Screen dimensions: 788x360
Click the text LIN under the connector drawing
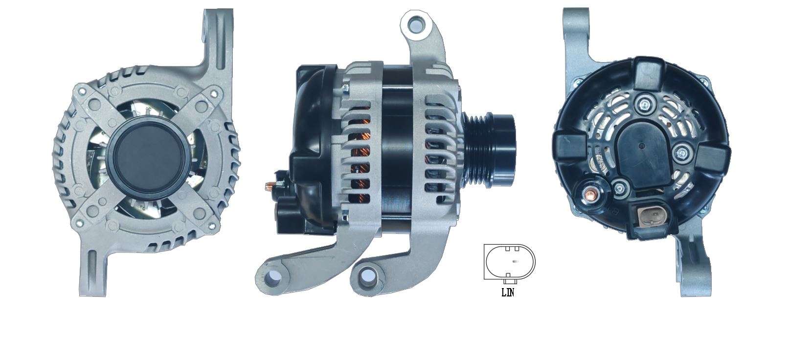point(508,292)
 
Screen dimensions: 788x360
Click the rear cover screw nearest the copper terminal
point(621,187)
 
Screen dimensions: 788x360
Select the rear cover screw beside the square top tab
point(645,103)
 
